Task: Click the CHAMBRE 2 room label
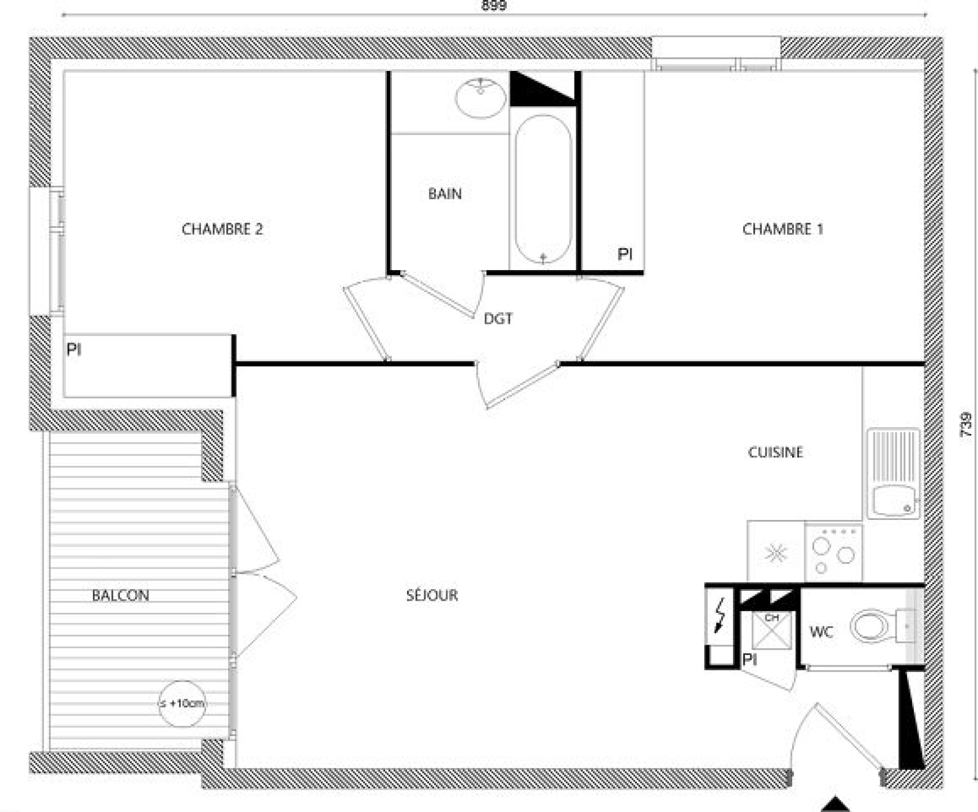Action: click(222, 229)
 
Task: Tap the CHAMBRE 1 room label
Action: click(782, 229)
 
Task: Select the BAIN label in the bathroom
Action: click(445, 194)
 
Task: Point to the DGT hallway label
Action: click(498, 318)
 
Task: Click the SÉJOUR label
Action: click(432, 595)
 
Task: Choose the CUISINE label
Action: click(776, 452)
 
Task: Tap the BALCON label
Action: click(120, 595)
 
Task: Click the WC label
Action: click(821, 632)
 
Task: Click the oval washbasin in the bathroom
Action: click(481, 98)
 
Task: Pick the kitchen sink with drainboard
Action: click(893, 474)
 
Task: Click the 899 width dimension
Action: click(494, 6)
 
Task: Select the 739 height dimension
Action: click(966, 424)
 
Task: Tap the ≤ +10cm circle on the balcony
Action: click(182, 703)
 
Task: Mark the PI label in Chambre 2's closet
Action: click(74, 349)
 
